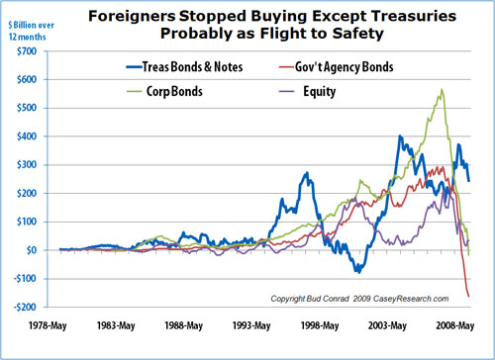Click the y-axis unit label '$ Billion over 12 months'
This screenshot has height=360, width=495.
pyautogui.click(x=27, y=22)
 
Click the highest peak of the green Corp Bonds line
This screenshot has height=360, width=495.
pyautogui.click(x=441, y=90)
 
